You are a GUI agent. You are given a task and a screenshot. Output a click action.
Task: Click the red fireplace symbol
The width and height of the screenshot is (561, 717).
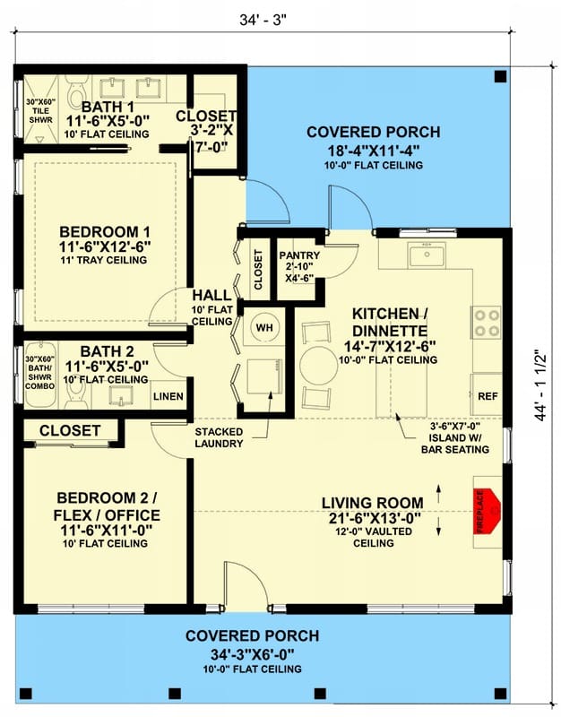pos(487,511)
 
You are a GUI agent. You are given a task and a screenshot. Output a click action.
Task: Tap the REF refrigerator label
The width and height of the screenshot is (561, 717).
pos(488,396)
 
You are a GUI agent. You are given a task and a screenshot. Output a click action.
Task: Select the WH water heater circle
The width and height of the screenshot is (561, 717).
pos(263,327)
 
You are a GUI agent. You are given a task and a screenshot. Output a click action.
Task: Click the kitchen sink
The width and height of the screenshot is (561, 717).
pos(427,255)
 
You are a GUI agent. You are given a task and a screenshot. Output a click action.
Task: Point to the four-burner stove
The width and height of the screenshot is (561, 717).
pos(487,323)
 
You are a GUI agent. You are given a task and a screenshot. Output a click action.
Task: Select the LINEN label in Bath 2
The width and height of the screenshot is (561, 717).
pos(168,396)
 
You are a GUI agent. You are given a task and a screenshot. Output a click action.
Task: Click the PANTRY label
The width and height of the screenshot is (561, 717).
pos(299,255)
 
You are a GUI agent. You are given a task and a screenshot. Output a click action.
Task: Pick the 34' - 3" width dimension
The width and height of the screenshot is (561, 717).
pos(263,20)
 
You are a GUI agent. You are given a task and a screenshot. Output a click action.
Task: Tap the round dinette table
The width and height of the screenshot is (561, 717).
pos(319,366)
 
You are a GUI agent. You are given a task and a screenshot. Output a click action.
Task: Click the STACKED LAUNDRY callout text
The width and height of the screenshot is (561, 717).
pos(219,437)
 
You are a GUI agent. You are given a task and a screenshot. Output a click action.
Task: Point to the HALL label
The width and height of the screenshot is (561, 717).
pos(211,295)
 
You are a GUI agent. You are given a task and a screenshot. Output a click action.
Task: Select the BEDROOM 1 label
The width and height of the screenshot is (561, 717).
pos(105,232)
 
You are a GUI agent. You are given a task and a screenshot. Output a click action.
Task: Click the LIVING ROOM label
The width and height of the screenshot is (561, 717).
pos(373,503)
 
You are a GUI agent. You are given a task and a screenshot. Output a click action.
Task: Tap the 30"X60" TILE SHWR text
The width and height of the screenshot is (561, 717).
pos(40,110)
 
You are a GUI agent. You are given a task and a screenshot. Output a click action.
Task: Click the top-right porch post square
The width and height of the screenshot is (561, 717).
pos(501,76)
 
